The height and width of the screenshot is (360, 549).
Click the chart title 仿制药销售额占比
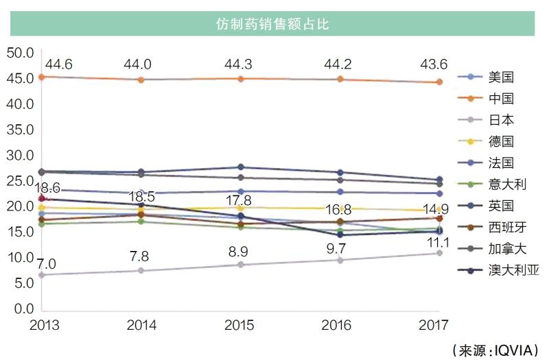point(272,25)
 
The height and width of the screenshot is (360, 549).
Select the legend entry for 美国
point(501,77)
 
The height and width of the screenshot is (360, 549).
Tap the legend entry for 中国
point(501,99)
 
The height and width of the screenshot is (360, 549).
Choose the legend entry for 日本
point(501,120)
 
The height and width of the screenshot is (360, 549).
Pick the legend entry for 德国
point(501,141)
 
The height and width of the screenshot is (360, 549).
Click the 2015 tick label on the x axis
point(238,325)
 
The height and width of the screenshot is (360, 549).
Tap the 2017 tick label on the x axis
point(433,325)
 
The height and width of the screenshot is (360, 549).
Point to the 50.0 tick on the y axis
point(20,53)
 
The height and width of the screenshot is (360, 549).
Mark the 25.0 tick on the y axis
point(20,181)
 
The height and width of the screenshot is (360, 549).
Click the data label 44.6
point(59,64)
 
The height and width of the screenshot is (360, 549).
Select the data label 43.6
point(434,64)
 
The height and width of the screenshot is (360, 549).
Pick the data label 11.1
point(436,242)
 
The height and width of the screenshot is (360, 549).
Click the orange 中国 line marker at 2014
point(141,80)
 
